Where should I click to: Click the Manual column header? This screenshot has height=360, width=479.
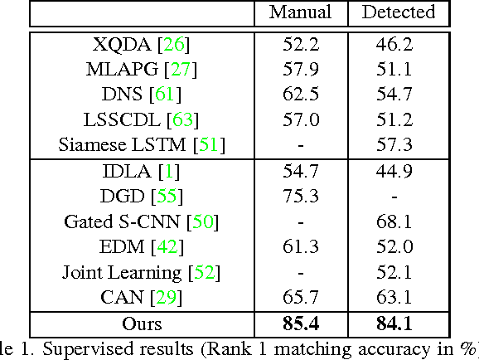299,12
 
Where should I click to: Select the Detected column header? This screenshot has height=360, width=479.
399,12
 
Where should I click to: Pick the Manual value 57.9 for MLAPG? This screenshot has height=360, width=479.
299,71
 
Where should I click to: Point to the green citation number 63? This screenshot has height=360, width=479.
182,121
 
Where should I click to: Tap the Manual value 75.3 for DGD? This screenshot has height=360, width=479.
299,197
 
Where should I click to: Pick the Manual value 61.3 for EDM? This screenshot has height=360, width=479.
299,247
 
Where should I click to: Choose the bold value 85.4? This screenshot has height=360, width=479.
299,324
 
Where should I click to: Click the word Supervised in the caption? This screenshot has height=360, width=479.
78,349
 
